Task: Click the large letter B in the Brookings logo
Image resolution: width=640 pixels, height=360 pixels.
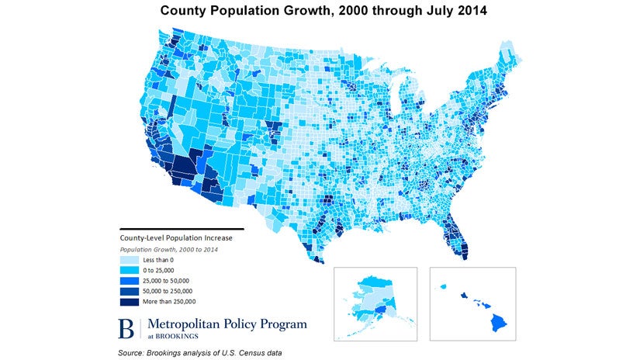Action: tap(125, 327)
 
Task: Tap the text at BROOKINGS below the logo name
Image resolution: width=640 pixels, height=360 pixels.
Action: tap(165, 335)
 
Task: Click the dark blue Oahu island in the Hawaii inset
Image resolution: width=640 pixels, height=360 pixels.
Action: tap(465, 295)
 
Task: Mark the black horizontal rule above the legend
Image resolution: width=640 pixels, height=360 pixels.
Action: tap(181, 230)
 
